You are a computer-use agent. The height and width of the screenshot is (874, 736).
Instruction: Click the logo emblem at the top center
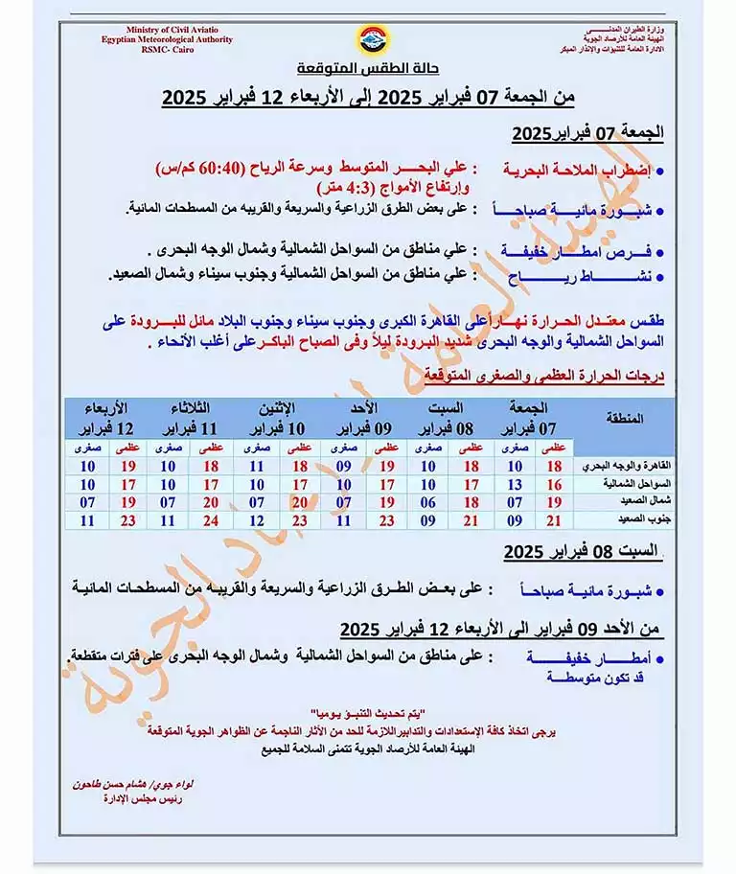click(367, 40)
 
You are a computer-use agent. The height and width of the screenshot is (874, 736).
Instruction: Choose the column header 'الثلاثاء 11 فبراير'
click(199, 418)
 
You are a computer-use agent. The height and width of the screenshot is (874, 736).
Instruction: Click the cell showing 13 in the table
click(514, 484)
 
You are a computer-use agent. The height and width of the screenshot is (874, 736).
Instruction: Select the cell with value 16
click(554, 484)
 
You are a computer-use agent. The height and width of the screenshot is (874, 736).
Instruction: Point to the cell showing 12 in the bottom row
click(256, 520)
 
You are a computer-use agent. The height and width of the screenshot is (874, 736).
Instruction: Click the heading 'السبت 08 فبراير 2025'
click(583, 553)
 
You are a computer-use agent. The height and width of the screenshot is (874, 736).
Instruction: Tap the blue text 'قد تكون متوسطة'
click(585, 678)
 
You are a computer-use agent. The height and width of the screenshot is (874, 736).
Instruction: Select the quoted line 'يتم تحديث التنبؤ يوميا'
click(368, 715)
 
